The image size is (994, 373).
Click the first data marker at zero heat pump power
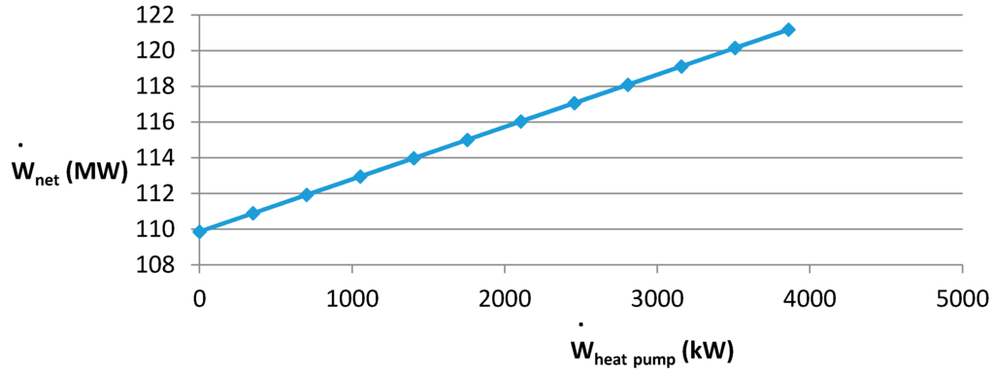[x=200, y=231]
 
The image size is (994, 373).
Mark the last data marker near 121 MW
[x=788, y=30]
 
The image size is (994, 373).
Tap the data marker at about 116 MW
[x=520, y=121]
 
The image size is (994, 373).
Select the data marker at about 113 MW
[x=360, y=177]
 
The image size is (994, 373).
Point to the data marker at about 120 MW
[x=735, y=48]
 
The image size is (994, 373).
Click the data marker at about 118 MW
[x=628, y=85]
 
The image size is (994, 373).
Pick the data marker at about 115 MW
[x=467, y=140]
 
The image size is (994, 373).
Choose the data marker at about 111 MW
[x=253, y=213]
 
